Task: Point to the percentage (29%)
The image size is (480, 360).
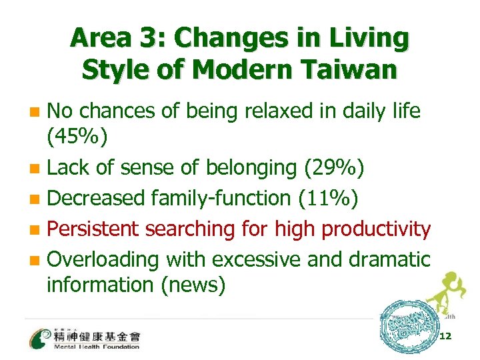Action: [x=334, y=168]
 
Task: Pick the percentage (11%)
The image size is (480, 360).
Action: [x=322, y=197]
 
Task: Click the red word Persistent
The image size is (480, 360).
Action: [x=94, y=228]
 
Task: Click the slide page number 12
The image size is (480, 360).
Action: [x=445, y=337]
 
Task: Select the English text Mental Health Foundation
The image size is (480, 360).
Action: [x=97, y=347]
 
